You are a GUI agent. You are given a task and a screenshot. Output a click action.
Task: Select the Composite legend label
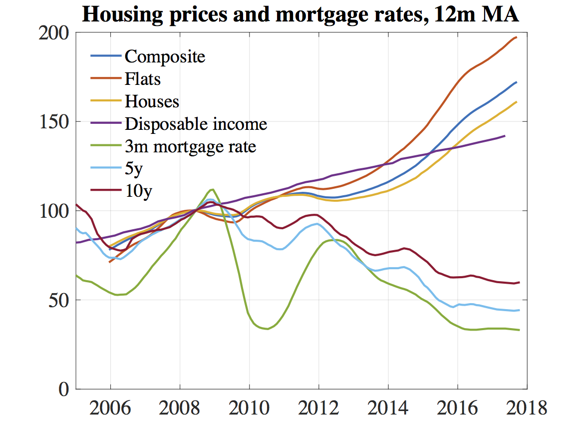165,56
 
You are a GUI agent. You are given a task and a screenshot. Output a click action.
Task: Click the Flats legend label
143,78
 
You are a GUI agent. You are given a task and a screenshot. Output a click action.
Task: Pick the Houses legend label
152,101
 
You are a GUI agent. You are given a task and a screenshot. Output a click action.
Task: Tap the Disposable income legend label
196,124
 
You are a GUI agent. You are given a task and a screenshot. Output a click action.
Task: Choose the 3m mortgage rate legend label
190,147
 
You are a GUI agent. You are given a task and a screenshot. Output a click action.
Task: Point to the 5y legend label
134,169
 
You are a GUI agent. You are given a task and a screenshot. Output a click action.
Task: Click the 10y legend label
138,192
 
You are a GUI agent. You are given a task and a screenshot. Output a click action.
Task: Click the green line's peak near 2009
213,189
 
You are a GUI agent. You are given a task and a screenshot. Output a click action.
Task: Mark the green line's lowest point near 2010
268,329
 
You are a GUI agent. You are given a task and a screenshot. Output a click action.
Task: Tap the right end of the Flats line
517,37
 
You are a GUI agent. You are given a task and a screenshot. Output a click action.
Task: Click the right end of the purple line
505,135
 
